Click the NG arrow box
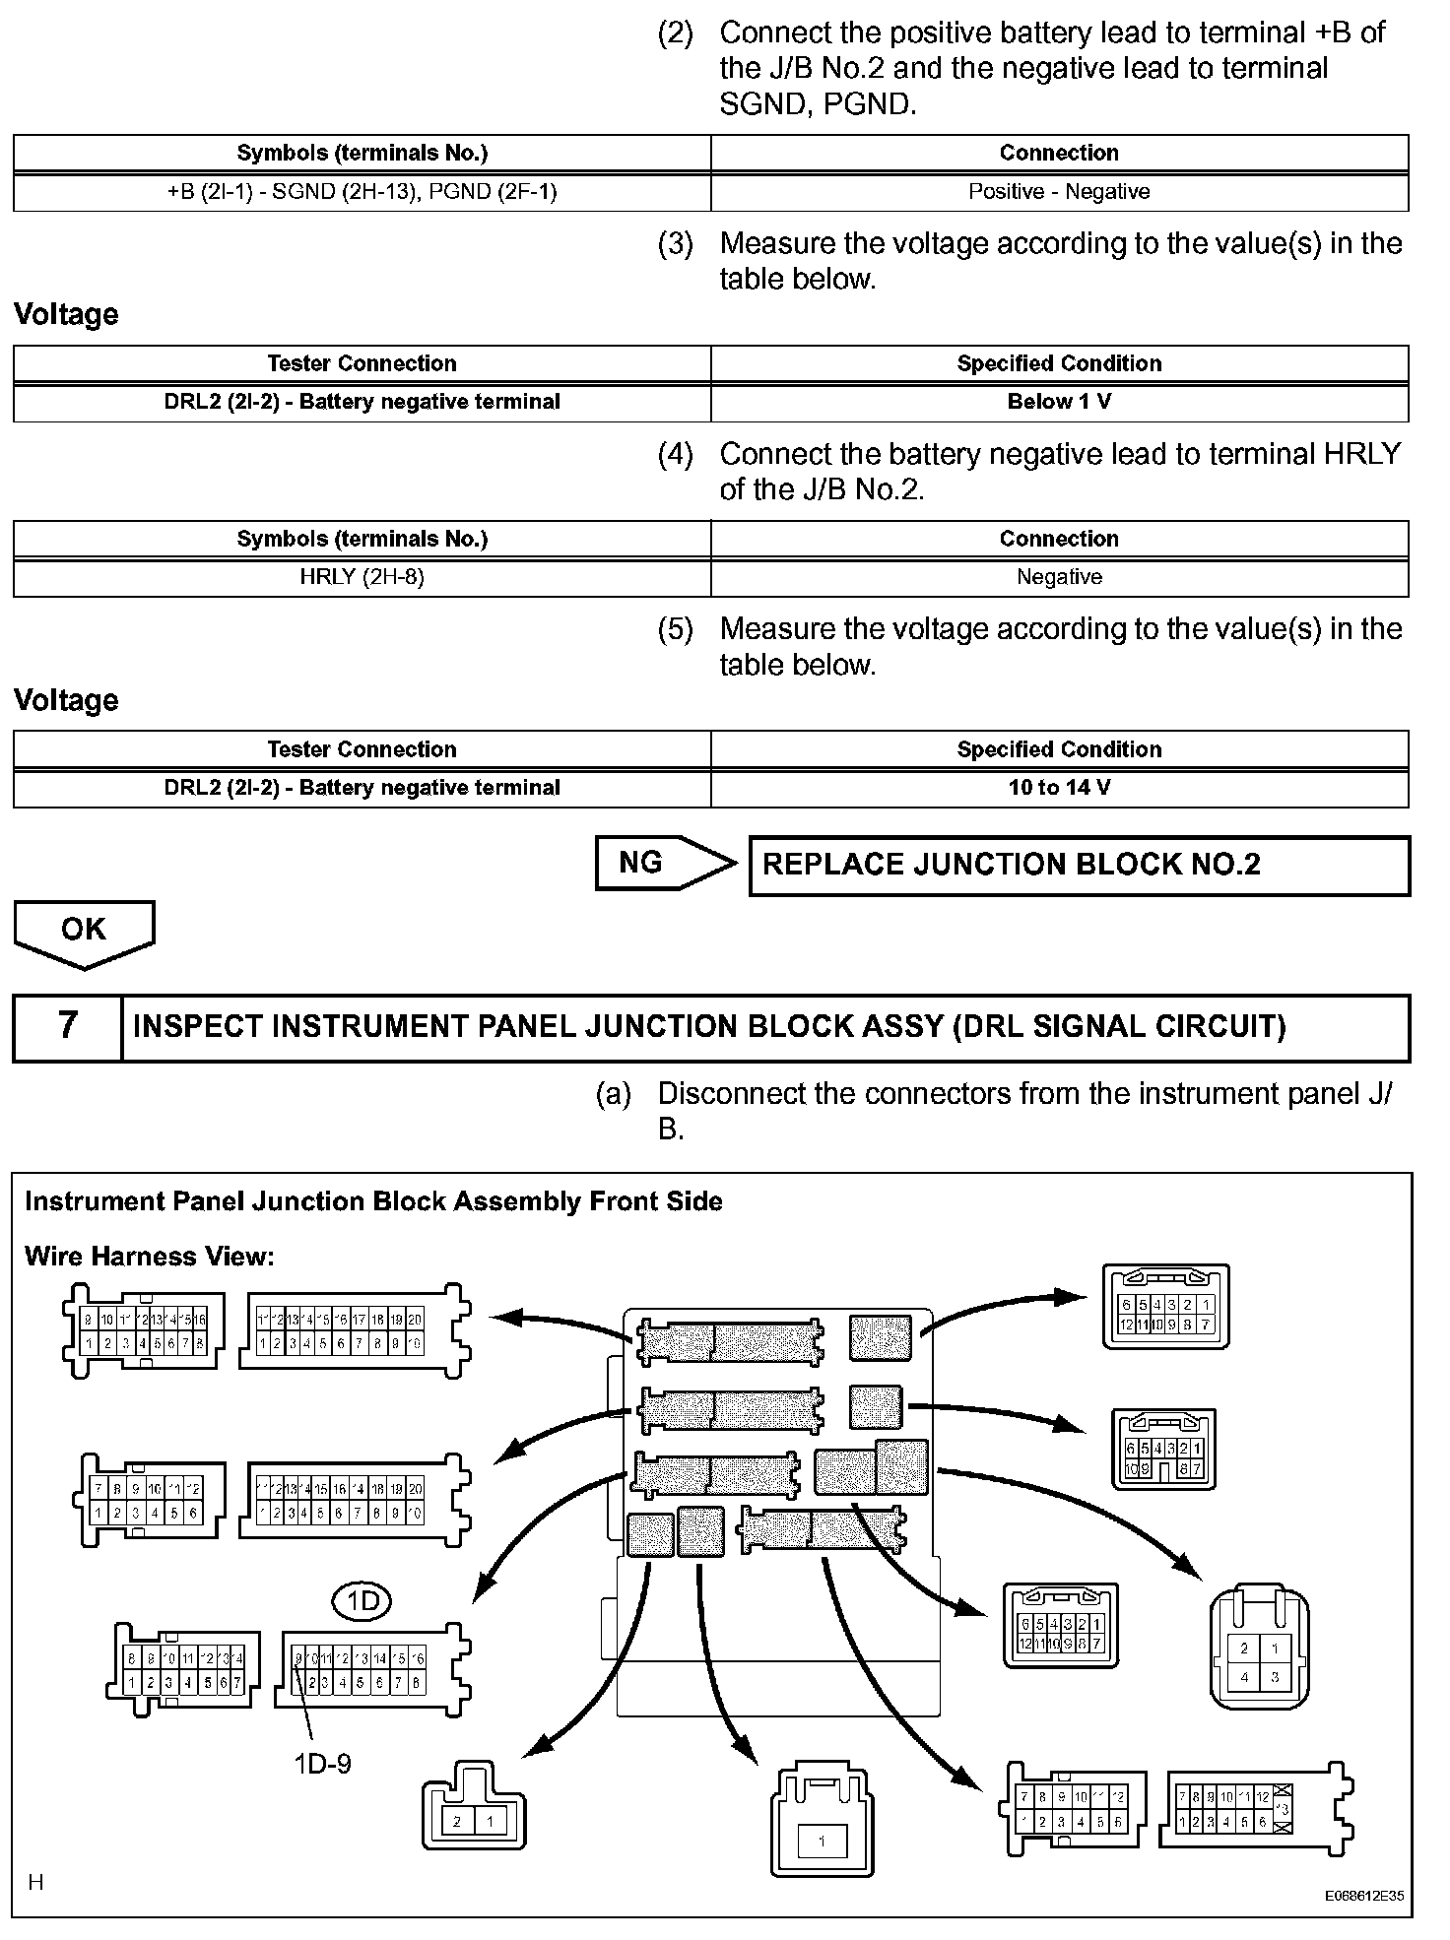click(660, 864)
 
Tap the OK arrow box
click(84, 931)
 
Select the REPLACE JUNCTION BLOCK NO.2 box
click(1079, 866)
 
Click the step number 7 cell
click(67, 1026)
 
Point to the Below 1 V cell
click(1059, 402)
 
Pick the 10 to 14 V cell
click(1059, 788)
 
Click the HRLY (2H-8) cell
click(362, 577)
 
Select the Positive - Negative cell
click(1059, 191)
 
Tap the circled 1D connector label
click(362, 1602)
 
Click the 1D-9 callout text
click(322, 1763)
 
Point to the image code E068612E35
click(1363, 1895)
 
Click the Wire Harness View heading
click(150, 1257)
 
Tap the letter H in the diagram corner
click(36, 1883)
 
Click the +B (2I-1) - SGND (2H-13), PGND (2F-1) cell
click(362, 191)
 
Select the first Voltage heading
click(66, 314)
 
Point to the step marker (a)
click(614, 1094)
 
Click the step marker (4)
click(676, 454)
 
